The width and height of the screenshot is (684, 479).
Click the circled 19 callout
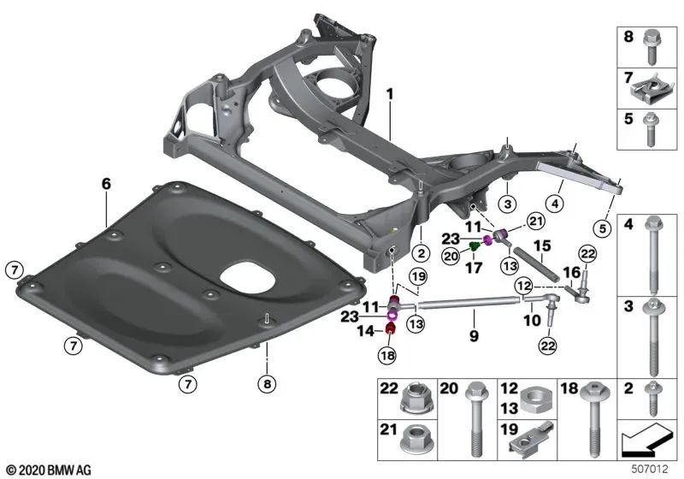[417, 276]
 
